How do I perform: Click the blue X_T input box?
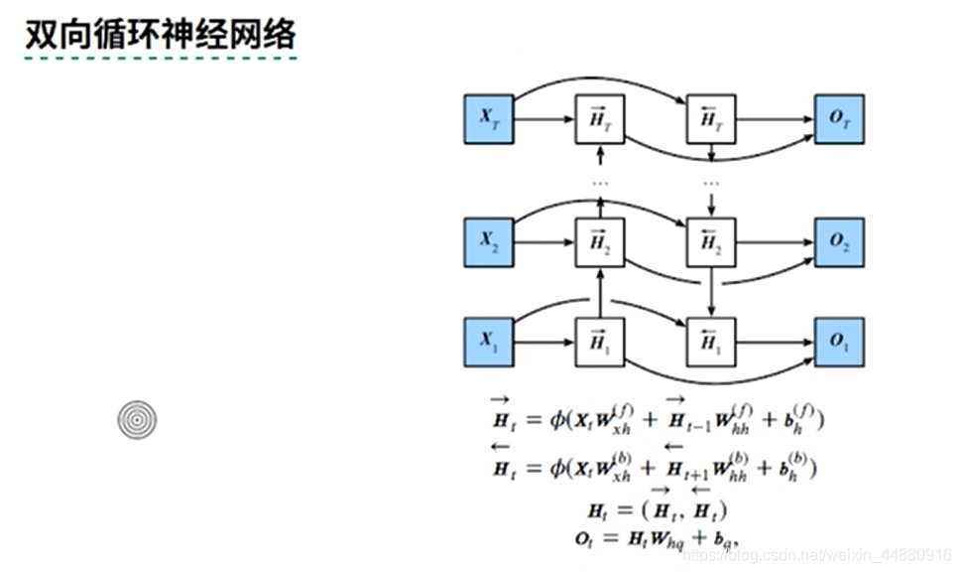[489, 119]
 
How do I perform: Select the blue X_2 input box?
[489, 242]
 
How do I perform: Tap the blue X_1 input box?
[489, 343]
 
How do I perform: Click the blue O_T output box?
[839, 119]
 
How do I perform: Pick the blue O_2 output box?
[839, 242]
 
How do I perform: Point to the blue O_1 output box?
[839, 343]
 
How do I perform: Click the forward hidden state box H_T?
[600, 119]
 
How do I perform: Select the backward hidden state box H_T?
[711, 119]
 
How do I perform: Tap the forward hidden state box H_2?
[600, 242]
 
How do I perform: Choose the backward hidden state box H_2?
[711, 242]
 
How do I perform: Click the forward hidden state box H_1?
[600, 343]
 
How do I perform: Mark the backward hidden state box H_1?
[711, 343]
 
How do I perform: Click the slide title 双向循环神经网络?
[160, 35]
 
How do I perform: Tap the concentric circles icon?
[137, 420]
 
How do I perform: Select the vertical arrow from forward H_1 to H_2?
[600, 293]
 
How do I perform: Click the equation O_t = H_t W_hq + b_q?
[658, 537]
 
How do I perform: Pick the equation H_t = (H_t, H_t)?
[658, 510]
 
